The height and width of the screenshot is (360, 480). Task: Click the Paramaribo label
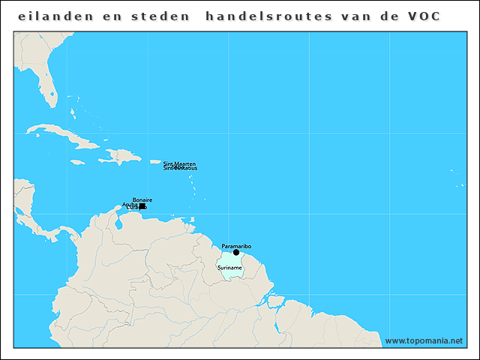click(236, 246)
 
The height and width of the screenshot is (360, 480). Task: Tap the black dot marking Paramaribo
click(236, 253)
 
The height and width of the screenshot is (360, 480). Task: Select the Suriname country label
click(229, 268)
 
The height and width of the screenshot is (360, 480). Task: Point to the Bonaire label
click(142, 199)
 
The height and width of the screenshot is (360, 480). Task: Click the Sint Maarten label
click(179, 163)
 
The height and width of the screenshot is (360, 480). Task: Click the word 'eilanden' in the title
click(52, 16)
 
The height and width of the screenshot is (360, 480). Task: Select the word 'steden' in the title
click(160, 16)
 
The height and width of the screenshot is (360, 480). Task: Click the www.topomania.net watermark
click(424, 340)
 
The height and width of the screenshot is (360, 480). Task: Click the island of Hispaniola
click(120, 157)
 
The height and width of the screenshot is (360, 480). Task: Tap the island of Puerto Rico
click(156, 162)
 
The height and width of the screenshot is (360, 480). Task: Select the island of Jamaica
click(78, 161)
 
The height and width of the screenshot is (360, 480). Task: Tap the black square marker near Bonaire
click(142, 206)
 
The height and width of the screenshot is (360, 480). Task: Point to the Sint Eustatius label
click(180, 168)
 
